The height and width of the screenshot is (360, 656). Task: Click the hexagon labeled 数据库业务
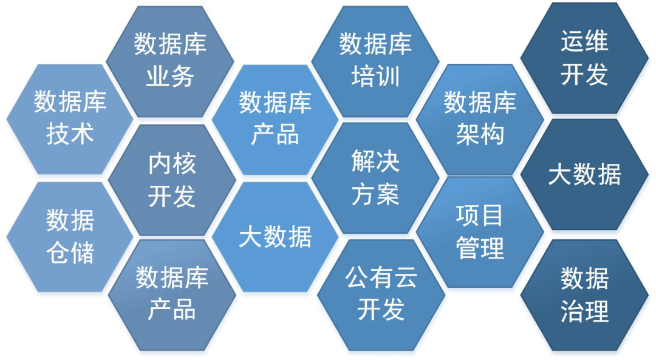(x=170, y=61)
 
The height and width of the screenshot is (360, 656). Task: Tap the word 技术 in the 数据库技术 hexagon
(x=70, y=134)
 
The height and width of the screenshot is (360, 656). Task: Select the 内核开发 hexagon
(x=172, y=180)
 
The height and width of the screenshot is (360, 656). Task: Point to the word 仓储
(x=70, y=253)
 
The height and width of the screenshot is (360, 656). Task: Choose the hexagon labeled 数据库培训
(x=375, y=61)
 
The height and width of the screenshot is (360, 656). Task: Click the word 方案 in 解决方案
(x=375, y=195)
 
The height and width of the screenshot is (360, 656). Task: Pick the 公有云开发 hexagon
(x=381, y=294)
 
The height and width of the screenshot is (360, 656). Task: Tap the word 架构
(x=480, y=134)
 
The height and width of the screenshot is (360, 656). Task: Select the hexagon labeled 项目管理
(x=480, y=231)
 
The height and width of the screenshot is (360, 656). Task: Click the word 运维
(x=584, y=42)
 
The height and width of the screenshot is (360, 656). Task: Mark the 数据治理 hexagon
(x=584, y=295)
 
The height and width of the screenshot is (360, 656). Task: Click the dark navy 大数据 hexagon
(x=584, y=174)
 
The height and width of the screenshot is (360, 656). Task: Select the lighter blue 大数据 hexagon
(x=275, y=237)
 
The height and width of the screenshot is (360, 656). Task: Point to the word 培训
(x=375, y=77)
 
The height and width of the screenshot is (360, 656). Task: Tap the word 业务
(x=170, y=77)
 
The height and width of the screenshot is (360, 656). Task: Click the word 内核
(x=172, y=164)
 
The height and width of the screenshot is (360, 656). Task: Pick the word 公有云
(x=381, y=278)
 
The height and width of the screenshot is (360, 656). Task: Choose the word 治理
(x=584, y=312)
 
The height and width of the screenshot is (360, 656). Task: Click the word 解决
(x=375, y=162)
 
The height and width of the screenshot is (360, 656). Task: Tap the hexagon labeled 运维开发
(x=584, y=58)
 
